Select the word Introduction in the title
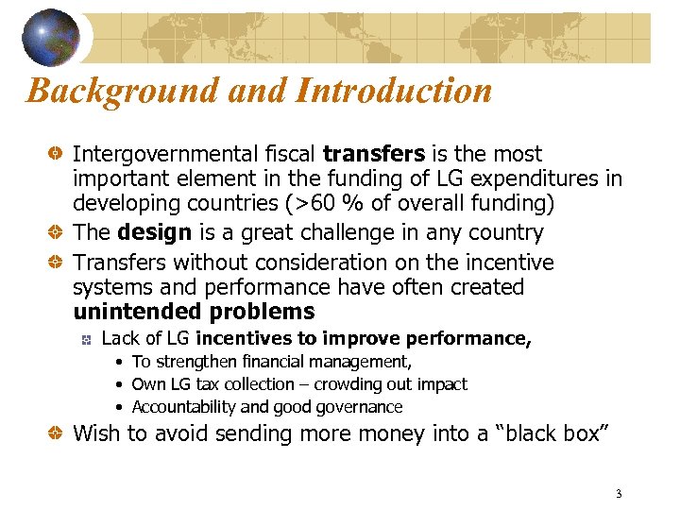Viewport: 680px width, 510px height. coord(394,91)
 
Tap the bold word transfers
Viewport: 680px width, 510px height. coord(376,154)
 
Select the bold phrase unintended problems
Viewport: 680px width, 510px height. coord(194,312)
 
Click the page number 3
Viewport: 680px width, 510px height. coord(619,494)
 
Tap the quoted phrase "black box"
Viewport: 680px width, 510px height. coord(552,433)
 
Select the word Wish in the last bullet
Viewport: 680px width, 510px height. coord(96,433)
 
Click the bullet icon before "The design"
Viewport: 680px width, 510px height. coord(57,233)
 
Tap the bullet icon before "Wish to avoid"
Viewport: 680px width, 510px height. coord(57,434)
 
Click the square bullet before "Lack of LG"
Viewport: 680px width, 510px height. coord(85,339)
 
